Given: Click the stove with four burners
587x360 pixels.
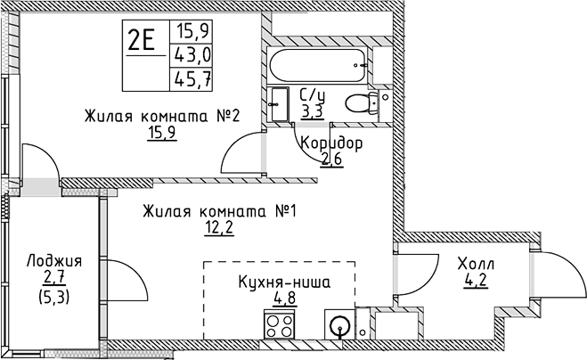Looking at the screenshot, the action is (x=279, y=323).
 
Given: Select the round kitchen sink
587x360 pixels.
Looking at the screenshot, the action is (x=339, y=324).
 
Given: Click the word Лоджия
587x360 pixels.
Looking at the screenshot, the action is (x=54, y=261).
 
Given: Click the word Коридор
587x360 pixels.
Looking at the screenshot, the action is (x=331, y=143).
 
